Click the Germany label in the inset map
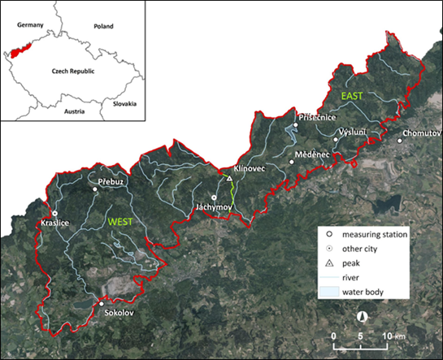tap(30, 26)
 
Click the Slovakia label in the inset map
tap(125, 104)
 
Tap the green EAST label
tap(352, 97)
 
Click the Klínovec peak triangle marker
tap(229, 178)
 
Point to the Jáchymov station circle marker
tap(214, 197)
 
